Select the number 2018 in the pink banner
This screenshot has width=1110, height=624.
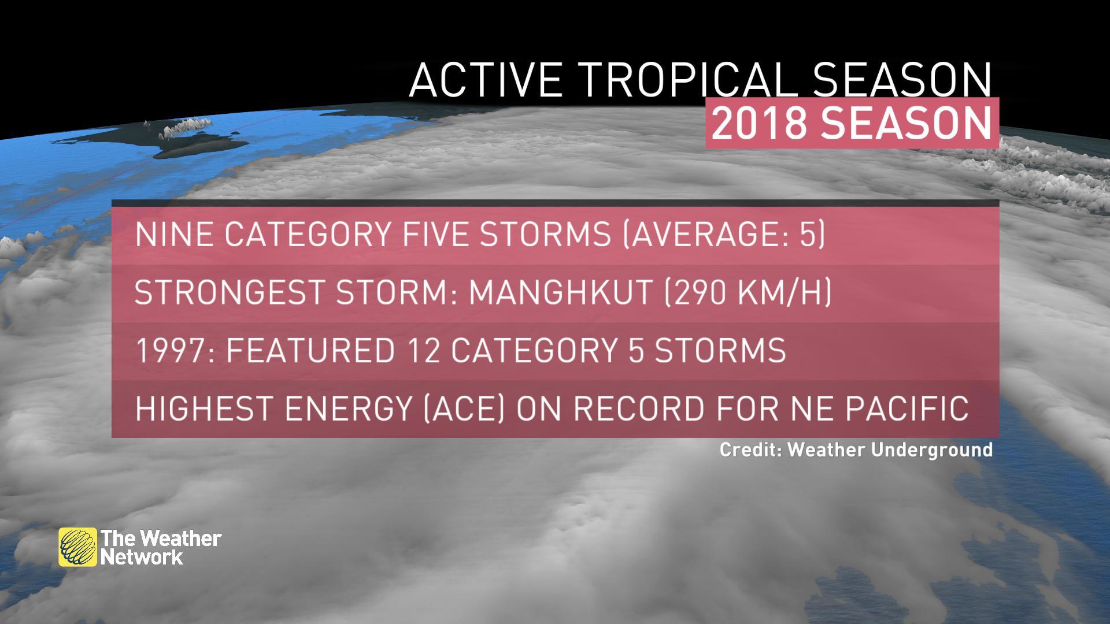758,123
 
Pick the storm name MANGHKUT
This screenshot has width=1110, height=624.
560,293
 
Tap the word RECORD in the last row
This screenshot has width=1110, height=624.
639,408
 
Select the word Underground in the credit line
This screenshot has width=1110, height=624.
932,450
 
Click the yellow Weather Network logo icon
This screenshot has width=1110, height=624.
77,547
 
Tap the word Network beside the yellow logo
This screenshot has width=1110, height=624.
142,558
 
